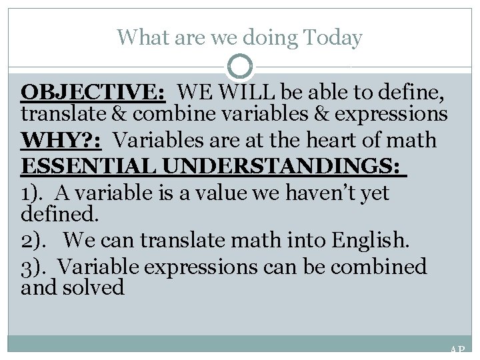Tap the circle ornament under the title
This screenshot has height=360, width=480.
tap(239, 67)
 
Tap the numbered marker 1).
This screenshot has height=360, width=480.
tap(35, 193)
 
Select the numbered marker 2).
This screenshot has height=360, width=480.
tap(36, 237)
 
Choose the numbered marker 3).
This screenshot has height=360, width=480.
tap(36, 267)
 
